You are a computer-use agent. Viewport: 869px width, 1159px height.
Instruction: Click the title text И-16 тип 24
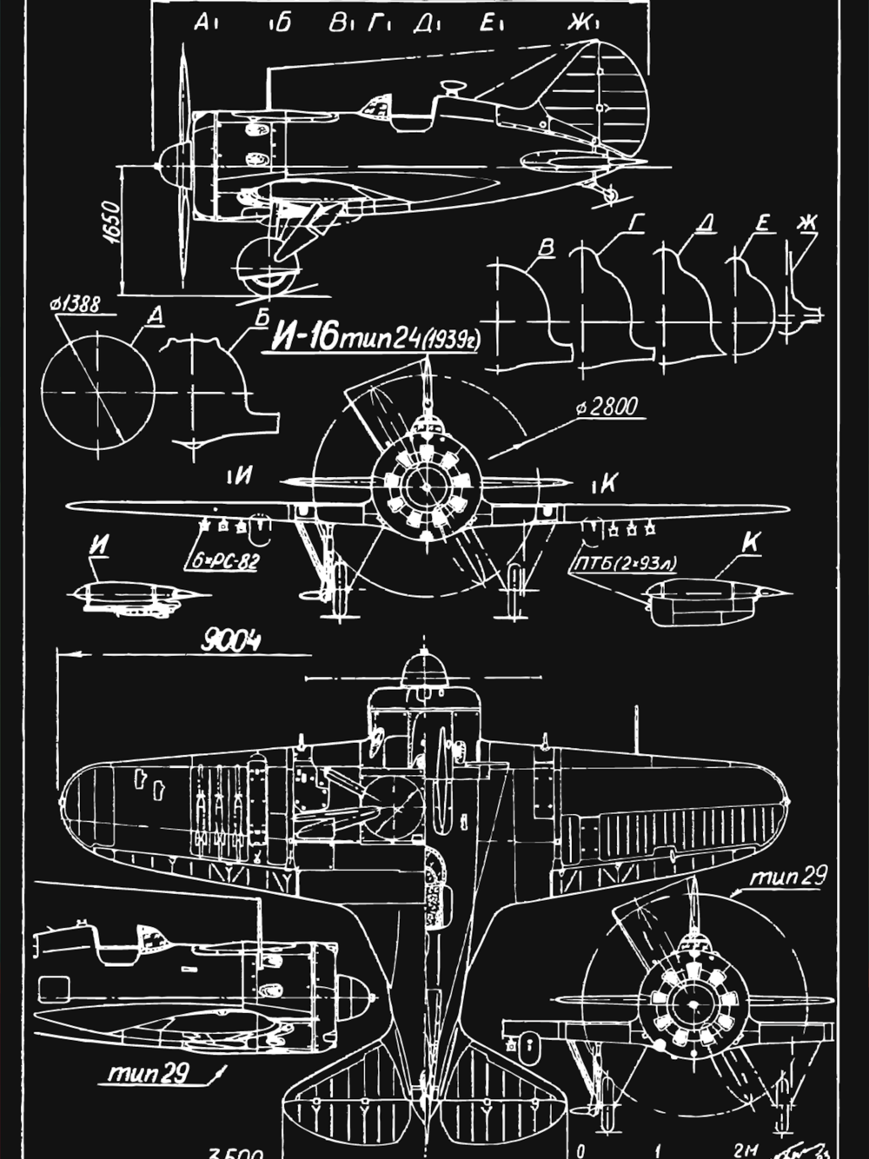(x=348, y=336)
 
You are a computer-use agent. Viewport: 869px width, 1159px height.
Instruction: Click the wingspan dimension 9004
(x=230, y=642)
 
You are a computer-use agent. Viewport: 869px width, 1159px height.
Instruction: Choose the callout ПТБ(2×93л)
(x=625, y=565)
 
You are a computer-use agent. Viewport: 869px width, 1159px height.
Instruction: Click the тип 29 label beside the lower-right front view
(x=788, y=877)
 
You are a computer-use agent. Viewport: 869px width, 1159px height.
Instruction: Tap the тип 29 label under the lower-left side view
(x=149, y=1073)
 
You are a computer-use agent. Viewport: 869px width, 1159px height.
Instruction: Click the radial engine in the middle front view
(x=426, y=487)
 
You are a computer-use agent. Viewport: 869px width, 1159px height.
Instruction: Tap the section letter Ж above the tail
(x=579, y=23)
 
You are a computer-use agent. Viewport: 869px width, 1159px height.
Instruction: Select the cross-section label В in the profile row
(x=547, y=248)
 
